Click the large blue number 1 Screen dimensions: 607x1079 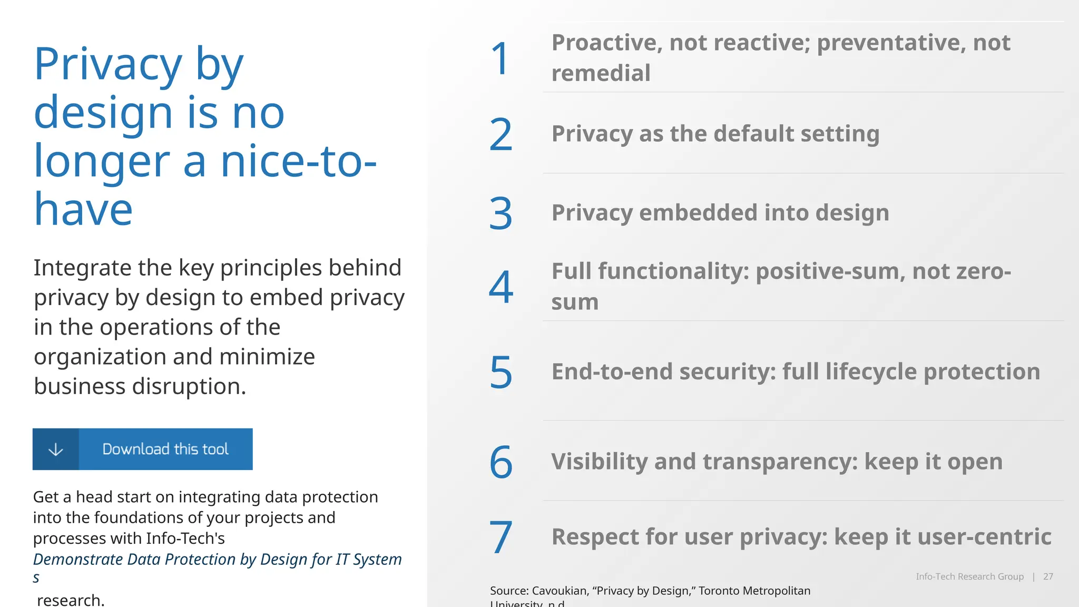pyautogui.click(x=500, y=58)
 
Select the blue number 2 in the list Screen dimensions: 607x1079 pyautogui.click(x=501, y=135)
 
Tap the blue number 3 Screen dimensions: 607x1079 pyautogui.click(x=501, y=213)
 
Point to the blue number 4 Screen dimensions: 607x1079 pyautogui.click(x=501, y=287)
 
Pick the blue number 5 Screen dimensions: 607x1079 pyautogui.click(x=501, y=373)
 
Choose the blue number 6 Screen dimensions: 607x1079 pyautogui.click(x=501, y=462)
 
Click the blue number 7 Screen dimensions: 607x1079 pyautogui.click(x=501, y=537)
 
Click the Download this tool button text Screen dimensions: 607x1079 pyautogui.click(x=165, y=449)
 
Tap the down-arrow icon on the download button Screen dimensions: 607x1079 pyautogui.click(x=56, y=449)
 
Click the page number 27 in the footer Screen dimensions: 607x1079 pyautogui.click(x=1048, y=576)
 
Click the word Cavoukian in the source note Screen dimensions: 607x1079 pyautogui.click(x=560, y=591)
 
